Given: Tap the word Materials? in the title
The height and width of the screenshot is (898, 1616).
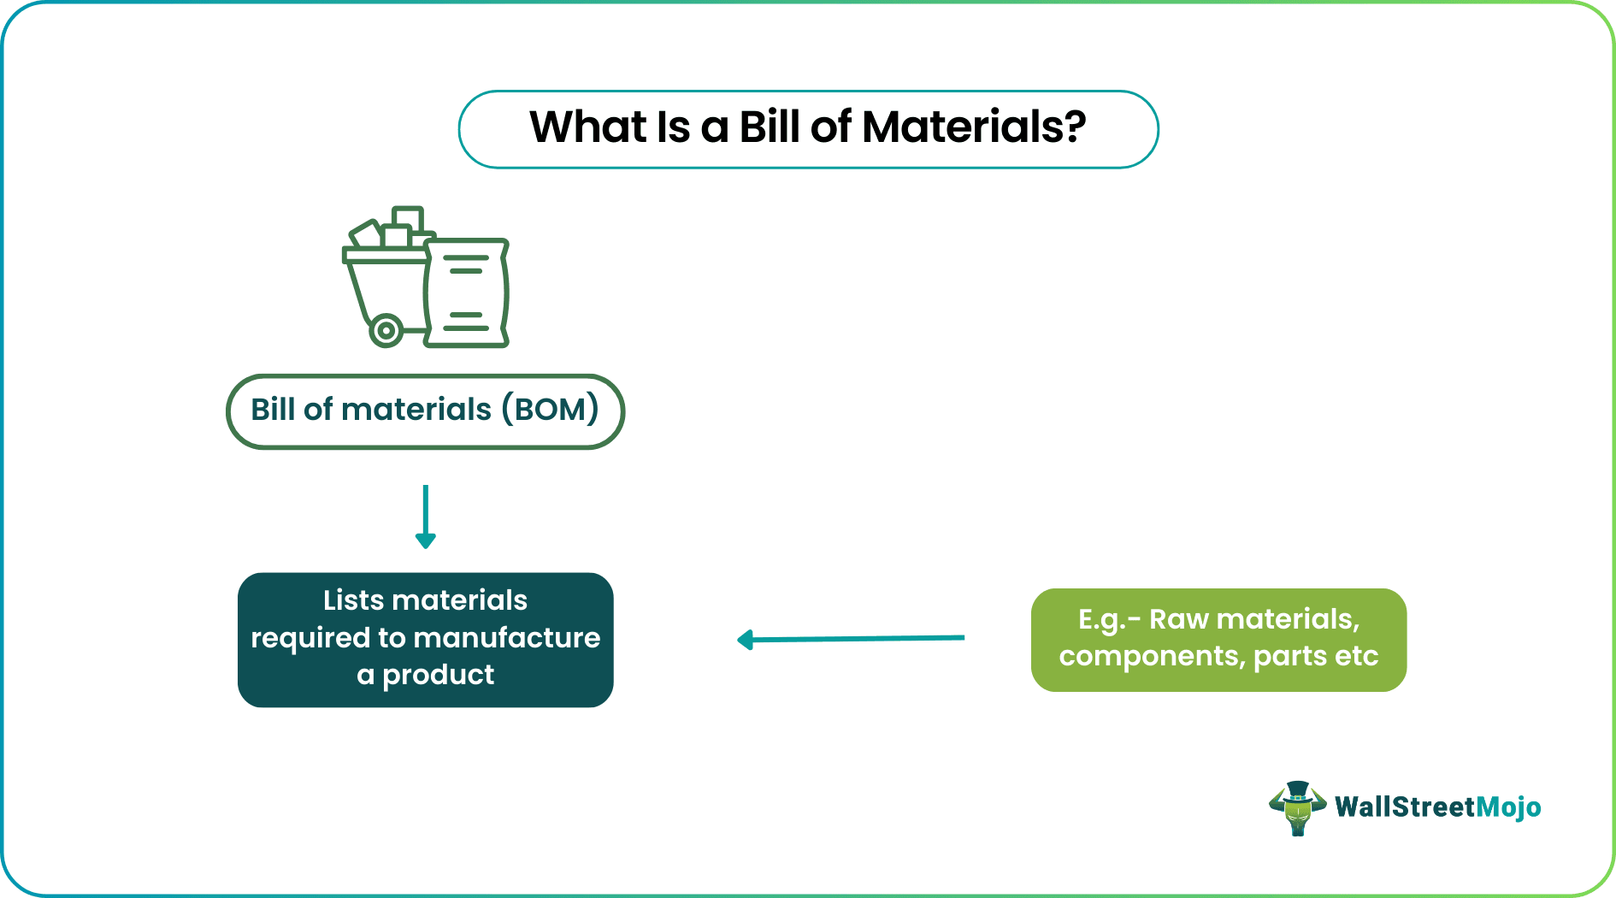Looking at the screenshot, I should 973,127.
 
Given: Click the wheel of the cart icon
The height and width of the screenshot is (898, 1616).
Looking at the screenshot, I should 386,329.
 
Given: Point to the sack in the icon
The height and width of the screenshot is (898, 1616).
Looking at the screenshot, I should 466,293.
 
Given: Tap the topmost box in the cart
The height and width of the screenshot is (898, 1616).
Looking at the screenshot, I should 409,217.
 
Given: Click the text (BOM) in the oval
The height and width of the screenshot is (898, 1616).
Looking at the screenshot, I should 550,410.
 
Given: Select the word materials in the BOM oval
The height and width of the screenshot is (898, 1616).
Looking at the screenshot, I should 416,410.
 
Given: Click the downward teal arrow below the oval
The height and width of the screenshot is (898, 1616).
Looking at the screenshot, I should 426,517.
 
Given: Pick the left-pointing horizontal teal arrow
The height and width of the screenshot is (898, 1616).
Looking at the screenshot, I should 851,639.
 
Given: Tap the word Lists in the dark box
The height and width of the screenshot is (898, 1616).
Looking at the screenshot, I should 353,600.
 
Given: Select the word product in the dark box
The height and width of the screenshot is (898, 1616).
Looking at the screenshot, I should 438,675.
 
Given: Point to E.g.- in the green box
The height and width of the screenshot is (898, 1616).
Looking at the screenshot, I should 1109,620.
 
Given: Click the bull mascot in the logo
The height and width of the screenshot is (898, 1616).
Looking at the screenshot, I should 1297,807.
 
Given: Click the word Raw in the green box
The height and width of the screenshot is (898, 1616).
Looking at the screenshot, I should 1178,619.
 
